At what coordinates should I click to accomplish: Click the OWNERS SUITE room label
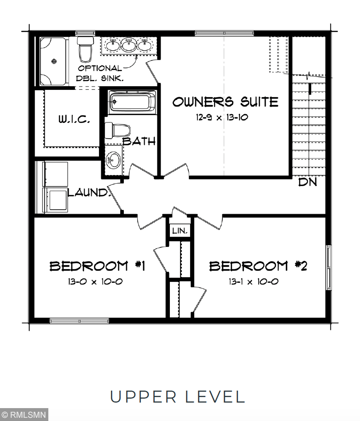pos(225,101)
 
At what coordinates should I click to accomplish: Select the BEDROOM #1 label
pos(98,266)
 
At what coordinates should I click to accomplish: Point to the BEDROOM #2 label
pos(258,266)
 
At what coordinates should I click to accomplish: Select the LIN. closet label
pos(179,230)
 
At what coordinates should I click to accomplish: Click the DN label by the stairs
pos(308,182)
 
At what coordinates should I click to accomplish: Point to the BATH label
pos(139,141)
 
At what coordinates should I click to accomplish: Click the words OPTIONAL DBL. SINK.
pos(100,73)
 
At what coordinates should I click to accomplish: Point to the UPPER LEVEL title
pos(177,397)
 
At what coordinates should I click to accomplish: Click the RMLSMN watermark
pos(24,415)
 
